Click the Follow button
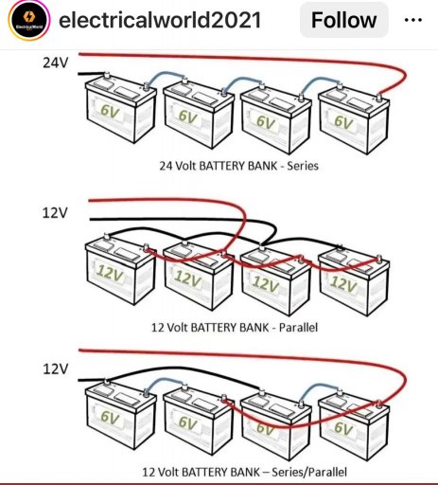343,20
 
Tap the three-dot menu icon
413,20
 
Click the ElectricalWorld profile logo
29,21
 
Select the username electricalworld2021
160,20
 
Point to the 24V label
55,63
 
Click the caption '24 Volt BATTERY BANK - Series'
238,166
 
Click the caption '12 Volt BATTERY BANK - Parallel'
235,328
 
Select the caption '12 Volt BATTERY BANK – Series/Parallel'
244,472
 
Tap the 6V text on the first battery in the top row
110,111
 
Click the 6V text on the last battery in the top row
343,122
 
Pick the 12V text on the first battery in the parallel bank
110,272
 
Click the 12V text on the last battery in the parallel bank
343,283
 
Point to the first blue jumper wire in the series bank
165,75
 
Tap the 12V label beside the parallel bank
55,213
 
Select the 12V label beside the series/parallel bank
55,368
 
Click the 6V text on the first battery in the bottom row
110,417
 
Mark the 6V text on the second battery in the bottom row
188,422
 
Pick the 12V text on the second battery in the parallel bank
187,278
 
